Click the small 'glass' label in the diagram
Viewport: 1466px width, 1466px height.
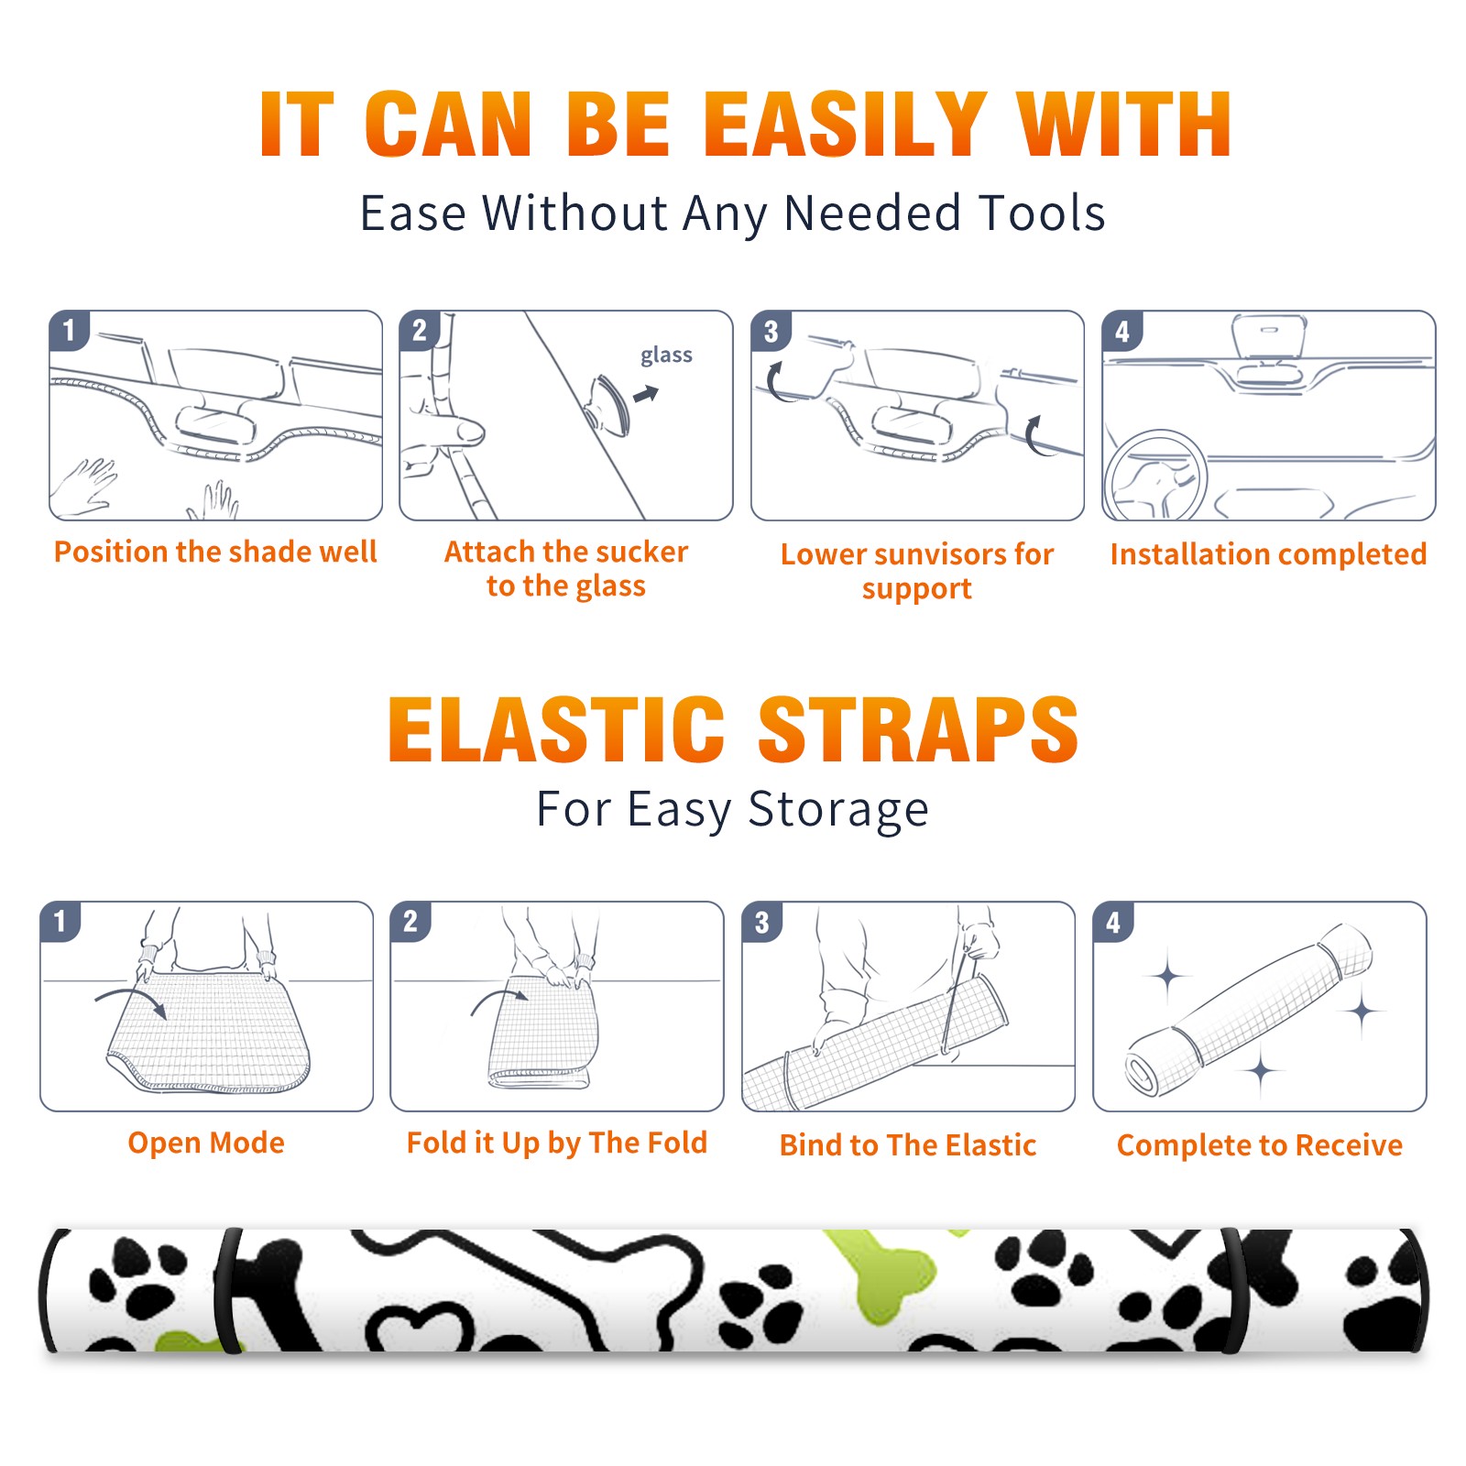tap(666, 356)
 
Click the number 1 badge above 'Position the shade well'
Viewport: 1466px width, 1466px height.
tap(69, 330)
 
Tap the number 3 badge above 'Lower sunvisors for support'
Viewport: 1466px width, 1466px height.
tap(771, 331)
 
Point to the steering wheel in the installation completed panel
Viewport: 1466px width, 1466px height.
tap(1155, 476)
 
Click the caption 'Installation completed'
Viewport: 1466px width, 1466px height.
tap(1268, 554)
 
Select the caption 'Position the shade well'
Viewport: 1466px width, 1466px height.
tap(215, 552)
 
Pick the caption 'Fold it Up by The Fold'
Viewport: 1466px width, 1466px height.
tap(557, 1143)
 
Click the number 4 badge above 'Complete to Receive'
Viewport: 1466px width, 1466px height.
tap(1113, 922)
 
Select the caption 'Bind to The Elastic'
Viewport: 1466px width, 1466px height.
tap(908, 1145)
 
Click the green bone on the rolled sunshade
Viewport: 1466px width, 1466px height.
tap(879, 1274)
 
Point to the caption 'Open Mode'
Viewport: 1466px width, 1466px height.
tap(206, 1143)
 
